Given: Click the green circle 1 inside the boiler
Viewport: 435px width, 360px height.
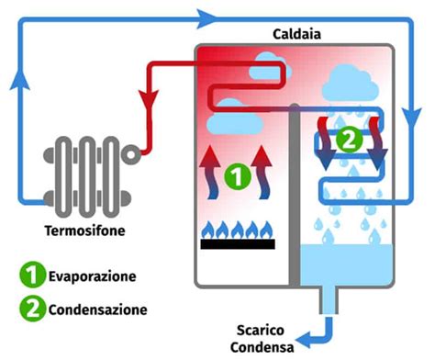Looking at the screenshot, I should point(237,176).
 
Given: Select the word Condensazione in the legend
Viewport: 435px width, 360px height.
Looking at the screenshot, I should point(98,309).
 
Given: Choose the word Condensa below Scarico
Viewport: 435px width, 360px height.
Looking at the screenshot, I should point(265,347).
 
